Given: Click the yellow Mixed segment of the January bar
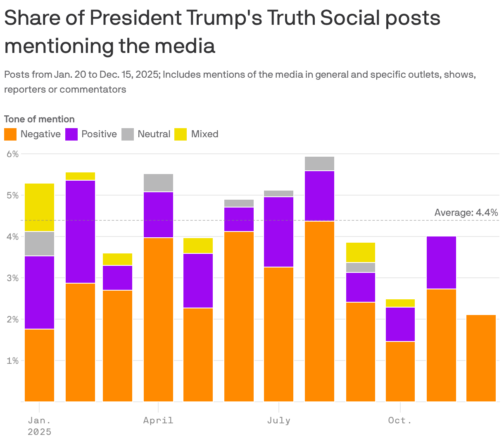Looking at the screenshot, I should pos(39,207).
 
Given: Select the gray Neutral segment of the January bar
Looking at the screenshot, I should pos(39,244).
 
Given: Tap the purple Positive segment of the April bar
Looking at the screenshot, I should pos(158,215).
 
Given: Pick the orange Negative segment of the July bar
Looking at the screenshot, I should pos(278,334).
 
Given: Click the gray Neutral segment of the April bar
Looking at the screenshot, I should pos(158,183).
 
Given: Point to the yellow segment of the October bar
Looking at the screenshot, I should pos(400,303).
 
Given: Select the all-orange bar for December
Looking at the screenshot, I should pos(481,358).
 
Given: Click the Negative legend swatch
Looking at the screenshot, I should pos(10,134).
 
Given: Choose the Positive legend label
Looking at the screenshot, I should pos(99,134).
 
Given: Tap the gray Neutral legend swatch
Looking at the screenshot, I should pos(128,134).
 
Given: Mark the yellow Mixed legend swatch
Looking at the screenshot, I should pos(181,134).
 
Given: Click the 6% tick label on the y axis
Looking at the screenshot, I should pos(13,154).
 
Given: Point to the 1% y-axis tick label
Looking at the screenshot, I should pos(13,361).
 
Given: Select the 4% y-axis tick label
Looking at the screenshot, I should pos(13,237).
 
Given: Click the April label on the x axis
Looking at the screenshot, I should pos(158,420).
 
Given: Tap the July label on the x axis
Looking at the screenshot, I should pos(278,420).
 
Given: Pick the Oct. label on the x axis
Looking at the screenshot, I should pos(400,420).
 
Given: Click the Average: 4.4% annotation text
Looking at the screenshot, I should pos(466,213).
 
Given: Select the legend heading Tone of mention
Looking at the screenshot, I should pos(39,119).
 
